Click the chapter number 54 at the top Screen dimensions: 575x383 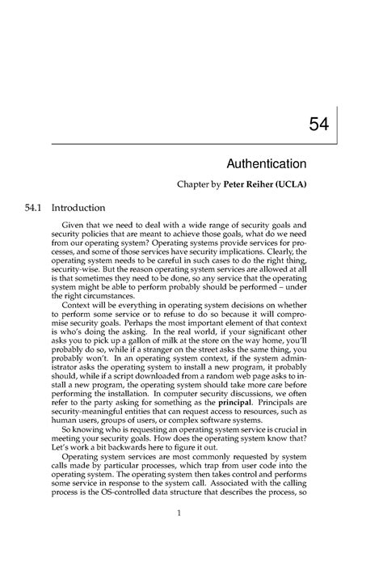click(318, 123)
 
